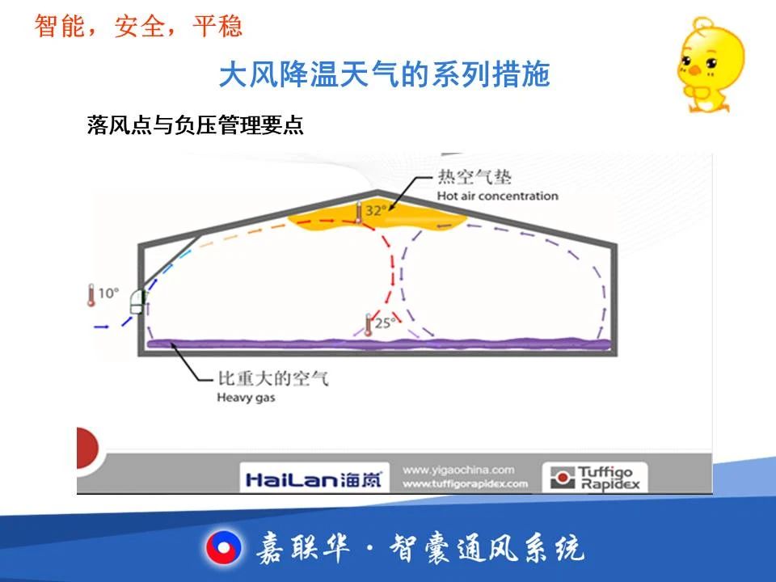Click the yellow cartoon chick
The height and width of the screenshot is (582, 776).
coord(710,65)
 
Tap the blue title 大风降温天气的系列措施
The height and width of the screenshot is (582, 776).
coord(385,74)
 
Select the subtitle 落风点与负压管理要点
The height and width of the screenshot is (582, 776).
coord(195,124)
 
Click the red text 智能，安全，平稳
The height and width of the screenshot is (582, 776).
coord(138,26)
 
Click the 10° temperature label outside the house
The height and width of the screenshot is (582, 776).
coord(108,293)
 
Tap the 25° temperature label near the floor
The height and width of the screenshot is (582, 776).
coord(385,323)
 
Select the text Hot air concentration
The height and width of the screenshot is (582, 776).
coord(497,196)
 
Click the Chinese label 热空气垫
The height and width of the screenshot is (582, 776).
coord(474,177)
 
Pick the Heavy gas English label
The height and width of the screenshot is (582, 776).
coord(246,398)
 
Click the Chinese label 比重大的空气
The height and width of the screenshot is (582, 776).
coord(273,378)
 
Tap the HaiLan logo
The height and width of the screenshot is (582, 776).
coord(314,479)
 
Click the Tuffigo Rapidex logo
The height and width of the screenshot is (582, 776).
coord(595,478)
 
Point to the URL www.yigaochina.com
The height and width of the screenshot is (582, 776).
coord(458,470)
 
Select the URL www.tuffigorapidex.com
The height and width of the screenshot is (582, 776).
coord(466,483)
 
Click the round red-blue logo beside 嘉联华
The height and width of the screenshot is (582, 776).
coord(224,548)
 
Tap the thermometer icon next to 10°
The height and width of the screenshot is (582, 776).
coord(91,295)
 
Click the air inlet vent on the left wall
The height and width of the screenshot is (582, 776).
coord(138,302)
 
